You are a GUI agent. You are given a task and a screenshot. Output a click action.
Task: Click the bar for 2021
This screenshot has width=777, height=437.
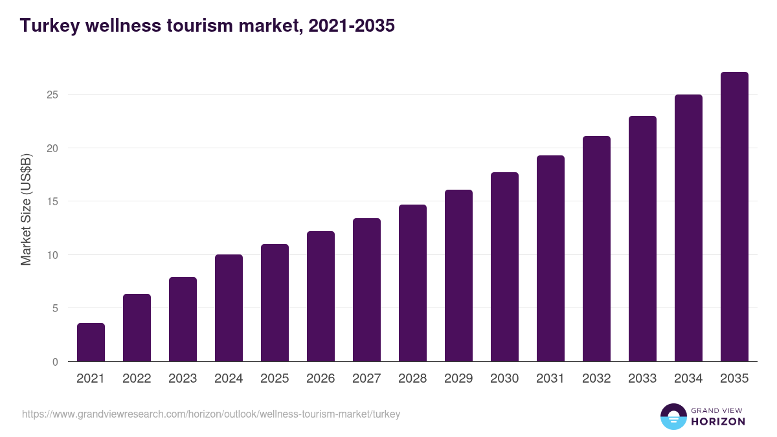pos(91,342)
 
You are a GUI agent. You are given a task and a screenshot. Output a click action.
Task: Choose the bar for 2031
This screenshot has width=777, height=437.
pos(550,258)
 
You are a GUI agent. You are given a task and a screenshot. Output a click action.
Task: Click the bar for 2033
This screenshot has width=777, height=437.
pos(642,239)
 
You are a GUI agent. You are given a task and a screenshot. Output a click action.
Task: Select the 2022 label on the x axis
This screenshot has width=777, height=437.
pos(137,379)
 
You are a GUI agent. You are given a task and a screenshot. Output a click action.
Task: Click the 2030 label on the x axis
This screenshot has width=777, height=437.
pos(504,379)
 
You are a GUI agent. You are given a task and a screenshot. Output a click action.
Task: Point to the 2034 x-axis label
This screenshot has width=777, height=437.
pos(688,379)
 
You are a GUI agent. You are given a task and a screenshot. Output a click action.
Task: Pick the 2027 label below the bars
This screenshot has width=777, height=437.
pos(366,379)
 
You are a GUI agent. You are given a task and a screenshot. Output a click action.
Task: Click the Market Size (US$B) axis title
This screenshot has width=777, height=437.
pos(26,210)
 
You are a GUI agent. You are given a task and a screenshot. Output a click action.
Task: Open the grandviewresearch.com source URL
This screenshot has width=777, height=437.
pos(211,414)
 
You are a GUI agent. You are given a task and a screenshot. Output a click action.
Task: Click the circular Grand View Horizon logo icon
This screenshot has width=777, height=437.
pos(673,416)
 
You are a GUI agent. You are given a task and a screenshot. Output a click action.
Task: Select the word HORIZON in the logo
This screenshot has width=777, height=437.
pos(718,421)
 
